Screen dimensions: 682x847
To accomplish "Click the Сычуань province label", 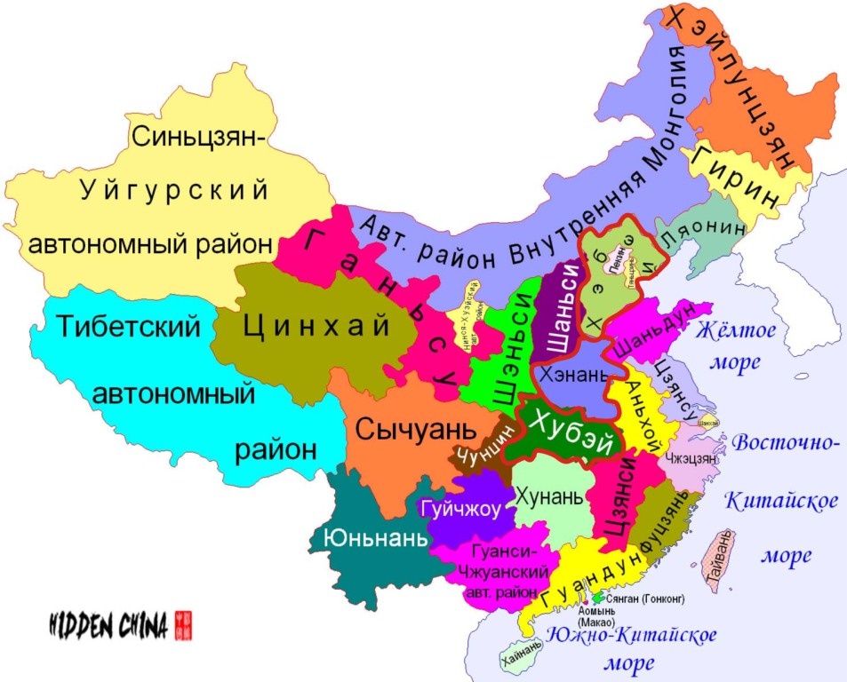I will click(x=412, y=431).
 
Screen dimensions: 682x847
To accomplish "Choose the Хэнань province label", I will click(x=566, y=374).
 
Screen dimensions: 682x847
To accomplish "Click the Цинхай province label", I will click(x=317, y=326).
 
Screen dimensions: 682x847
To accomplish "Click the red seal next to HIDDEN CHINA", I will click(x=184, y=624).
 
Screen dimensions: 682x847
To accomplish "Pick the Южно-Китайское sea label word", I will click(x=631, y=635).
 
